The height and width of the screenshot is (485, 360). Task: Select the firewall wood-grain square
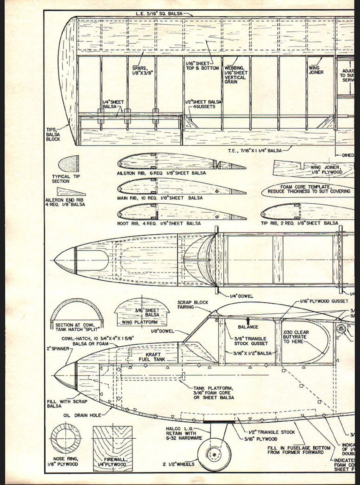click(x=112, y=443)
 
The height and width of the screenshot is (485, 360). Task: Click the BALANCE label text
click(x=248, y=327)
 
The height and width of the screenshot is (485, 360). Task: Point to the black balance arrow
click(x=248, y=320)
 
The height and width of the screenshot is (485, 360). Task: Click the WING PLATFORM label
click(x=139, y=322)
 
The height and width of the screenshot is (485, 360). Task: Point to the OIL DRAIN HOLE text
click(x=82, y=415)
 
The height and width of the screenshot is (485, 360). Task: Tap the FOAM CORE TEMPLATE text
click(x=309, y=189)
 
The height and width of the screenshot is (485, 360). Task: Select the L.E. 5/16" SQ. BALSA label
click(x=159, y=14)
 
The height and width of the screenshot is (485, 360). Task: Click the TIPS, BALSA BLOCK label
click(x=53, y=134)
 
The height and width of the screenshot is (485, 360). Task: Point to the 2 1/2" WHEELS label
click(x=178, y=464)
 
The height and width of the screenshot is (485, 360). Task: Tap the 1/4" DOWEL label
click(x=242, y=296)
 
